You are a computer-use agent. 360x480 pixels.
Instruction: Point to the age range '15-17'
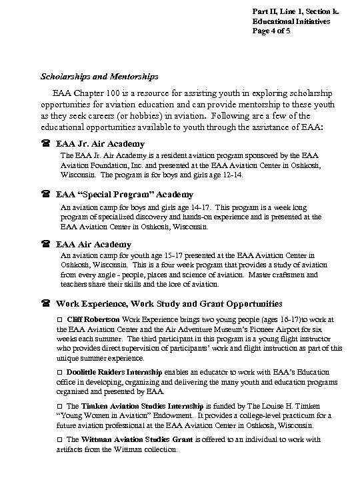pyautogui.click(x=161, y=255)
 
